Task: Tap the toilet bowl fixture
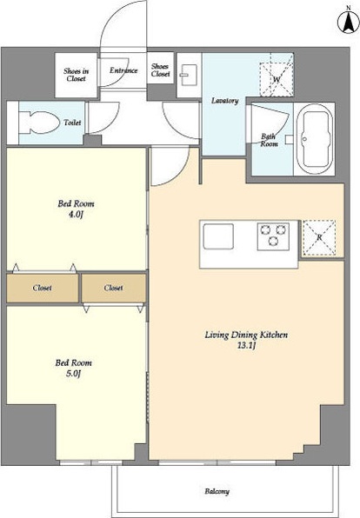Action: pyautogui.click(x=39, y=123)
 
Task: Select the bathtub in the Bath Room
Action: pyautogui.click(x=315, y=139)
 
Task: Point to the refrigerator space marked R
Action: pyautogui.click(x=319, y=237)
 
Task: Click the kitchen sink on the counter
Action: pyautogui.click(x=218, y=236)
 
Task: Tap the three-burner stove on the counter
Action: pyautogui.click(x=273, y=236)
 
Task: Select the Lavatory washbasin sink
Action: pyautogui.click(x=189, y=76)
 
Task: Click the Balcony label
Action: pyautogui.click(x=217, y=491)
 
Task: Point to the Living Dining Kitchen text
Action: pyautogui.click(x=246, y=335)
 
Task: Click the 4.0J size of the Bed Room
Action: pyautogui.click(x=76, y=215)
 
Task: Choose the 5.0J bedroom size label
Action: pyautogui.click(x=74, y=374)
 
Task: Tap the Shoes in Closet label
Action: pyautogui.click(x=76, y=75)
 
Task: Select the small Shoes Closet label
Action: pyautogui.click(x=160, y=70)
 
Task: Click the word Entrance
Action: pyautogui.click(x=123, y=70)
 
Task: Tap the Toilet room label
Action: pyautogui.click(x=72, y=123)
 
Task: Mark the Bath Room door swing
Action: pyautogui.click(x=270, y=123)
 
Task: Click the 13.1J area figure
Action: pyautogui.click(x=247, y=346)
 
